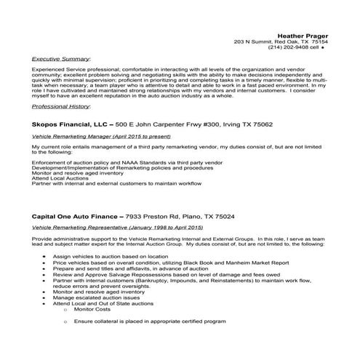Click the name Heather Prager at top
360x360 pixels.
point(303,35)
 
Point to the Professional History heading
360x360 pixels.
point(62,106)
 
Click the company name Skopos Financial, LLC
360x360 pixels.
point(68,125)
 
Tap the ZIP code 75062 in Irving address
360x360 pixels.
point(258,125)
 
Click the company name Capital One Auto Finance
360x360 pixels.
point(75,217)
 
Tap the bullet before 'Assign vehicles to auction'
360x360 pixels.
point(47,257)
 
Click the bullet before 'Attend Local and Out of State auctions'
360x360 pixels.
point(47,303)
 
